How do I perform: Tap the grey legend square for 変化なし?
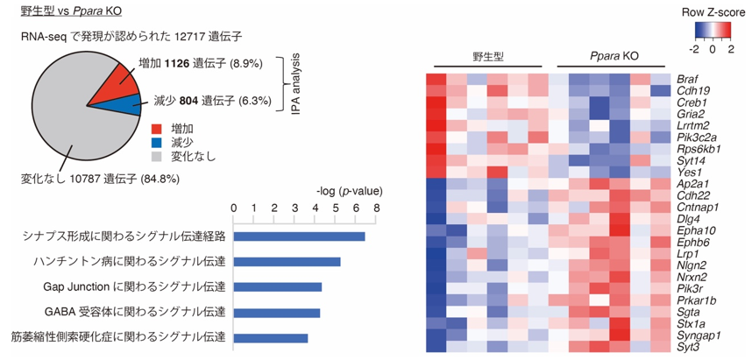point(157,156)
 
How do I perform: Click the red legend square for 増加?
point(157,129)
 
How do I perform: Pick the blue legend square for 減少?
point(157,143)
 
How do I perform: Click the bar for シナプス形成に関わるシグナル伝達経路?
point(299,236)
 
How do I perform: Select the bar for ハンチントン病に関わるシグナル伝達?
point(287,262)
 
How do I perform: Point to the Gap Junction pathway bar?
point(278,287)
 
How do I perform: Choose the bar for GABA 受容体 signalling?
point(277,313)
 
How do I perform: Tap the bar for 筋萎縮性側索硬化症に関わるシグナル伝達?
point(271,338)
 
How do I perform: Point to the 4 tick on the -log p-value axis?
point(316,208)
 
